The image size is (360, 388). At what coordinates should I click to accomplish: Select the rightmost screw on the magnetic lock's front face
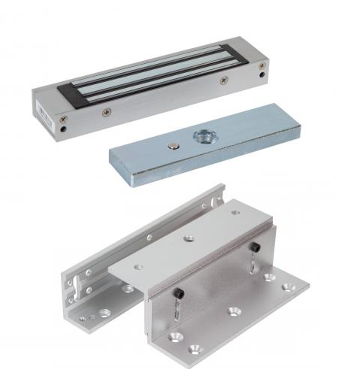(x=261, y=66)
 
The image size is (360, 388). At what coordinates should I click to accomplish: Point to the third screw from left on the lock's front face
(x=223, y=78)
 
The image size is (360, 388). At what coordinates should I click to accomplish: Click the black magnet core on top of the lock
(x=150, y=75)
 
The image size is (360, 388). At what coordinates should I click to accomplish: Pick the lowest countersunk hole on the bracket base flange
(x=196, y=348)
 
